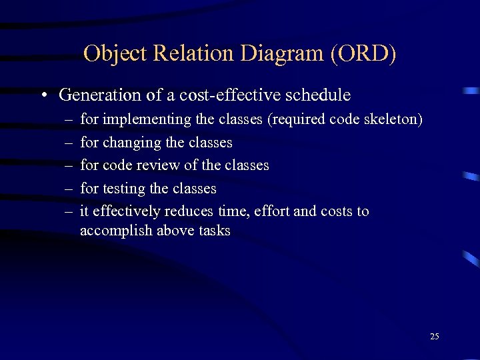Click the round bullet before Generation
point(42,95)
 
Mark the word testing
point(125,189)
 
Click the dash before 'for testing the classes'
point(69,189)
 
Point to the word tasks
point(213,231)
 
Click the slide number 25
point(434,336)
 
